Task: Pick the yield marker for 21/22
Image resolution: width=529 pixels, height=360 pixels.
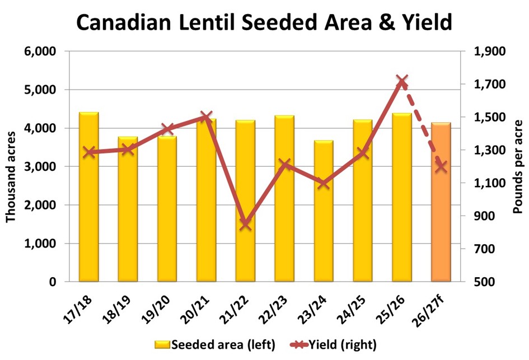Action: click(245, 224)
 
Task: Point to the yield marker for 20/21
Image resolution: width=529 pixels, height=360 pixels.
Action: click(206, 118)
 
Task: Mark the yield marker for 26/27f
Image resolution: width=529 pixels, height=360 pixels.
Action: click(441, 166)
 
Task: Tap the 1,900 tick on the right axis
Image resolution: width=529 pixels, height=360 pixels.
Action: click(490, 52)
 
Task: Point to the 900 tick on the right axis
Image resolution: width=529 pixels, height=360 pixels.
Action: click(486, 216)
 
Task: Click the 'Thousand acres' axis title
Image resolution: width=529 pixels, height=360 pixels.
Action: click(11, 167)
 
